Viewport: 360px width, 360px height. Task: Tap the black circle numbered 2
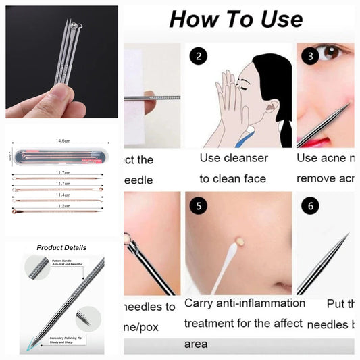click(x=199, y=57)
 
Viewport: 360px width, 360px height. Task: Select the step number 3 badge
click(x=310, y=56)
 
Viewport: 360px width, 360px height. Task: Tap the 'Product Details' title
click(x=61, y=248)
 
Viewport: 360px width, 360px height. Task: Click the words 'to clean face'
click(x=233, y=179)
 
